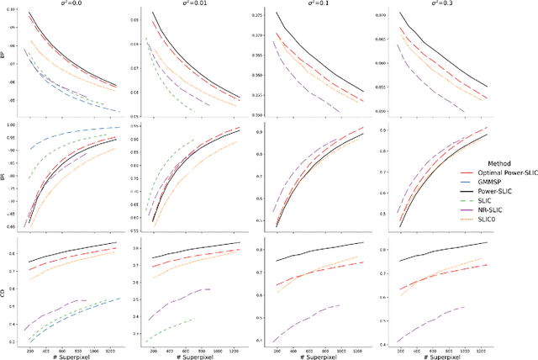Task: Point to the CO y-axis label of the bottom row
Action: pos(5,293)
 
